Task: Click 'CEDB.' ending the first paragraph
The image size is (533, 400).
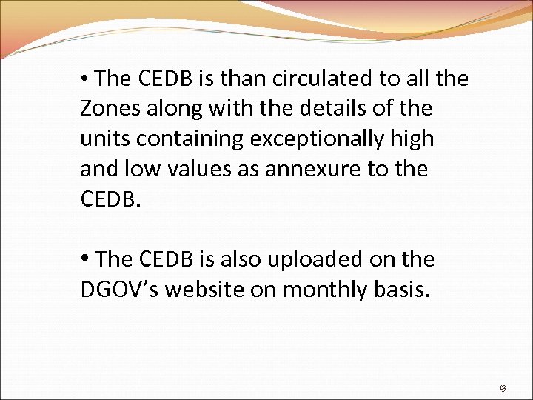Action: tap(110, 199)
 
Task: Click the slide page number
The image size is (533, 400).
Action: tap(502, 386)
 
